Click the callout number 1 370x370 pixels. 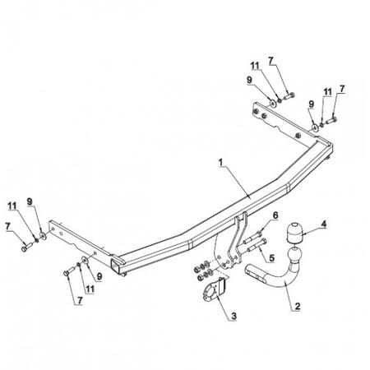point(221,162)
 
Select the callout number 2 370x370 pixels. point(298,306)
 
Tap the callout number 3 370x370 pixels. point(234,316)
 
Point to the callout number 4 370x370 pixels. point(324,224)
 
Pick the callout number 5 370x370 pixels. point(271,257)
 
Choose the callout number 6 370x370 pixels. point(275,215)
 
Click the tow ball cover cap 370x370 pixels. point(294,233)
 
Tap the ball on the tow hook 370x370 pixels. point(294,254)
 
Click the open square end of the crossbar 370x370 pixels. point(115,266)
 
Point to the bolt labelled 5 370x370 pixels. point(257,245)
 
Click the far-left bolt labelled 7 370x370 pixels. point(26,247)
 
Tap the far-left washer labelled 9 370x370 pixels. point(43,236)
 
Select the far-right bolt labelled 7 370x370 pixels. point(331,121)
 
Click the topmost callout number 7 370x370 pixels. point(271,61)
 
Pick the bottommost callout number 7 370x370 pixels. point(80,301)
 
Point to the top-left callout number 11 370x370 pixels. point(12,206)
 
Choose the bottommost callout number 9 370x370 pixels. point(99,276)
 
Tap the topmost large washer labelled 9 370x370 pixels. point(273,104)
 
